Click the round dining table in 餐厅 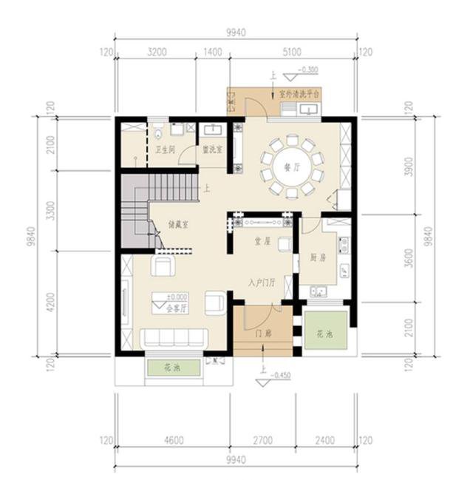tap(290, 166)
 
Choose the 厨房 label tap(319, 258)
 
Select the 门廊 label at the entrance tap(262, 334)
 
